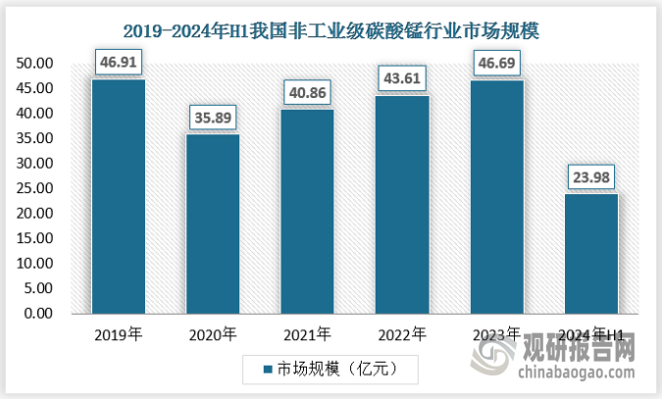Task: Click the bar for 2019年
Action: click(118, 196)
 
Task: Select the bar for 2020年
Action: click(212, 224)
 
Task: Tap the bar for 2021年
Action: click(307, 211)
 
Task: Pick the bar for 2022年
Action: click(401, 204)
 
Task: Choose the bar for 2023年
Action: click(495, 196)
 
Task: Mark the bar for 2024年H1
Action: click(590, 253)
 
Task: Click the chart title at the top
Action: click(331, 31)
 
